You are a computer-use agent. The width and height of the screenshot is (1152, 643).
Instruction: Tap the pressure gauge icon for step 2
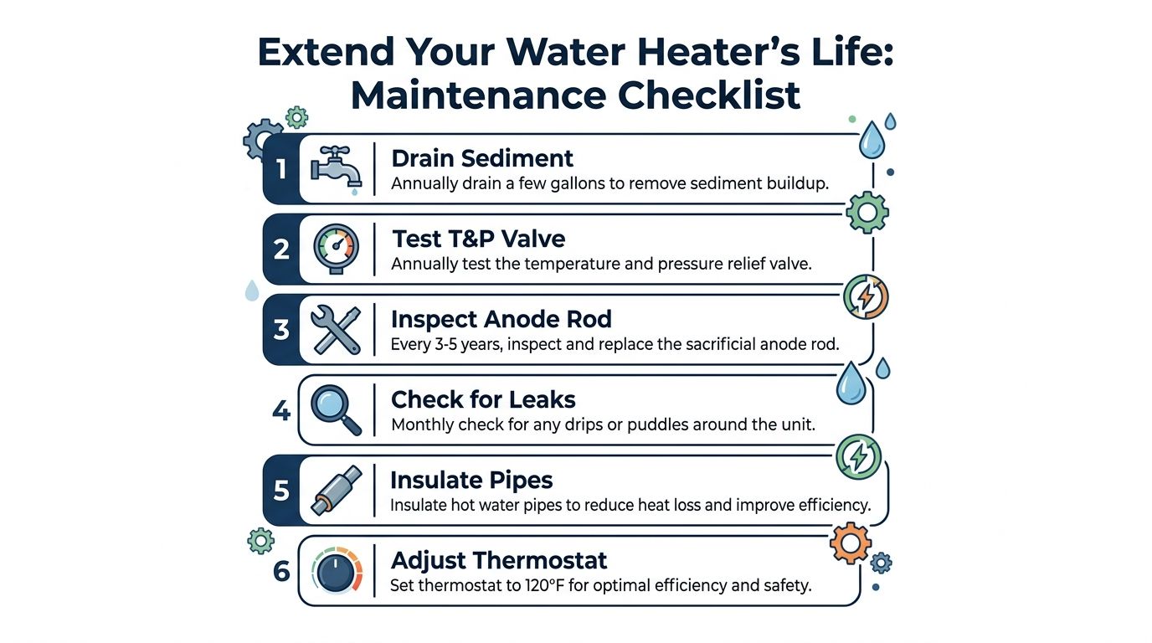click(x=337, y=249)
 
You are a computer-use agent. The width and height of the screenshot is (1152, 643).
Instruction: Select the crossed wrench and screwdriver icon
click(x=336, y=330)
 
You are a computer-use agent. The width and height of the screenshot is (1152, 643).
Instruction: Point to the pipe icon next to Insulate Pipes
click(x=337, y=491)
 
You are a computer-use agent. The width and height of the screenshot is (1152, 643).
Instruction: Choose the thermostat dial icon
click(x=337, y=570)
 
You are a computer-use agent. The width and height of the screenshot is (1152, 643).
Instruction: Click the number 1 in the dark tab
click(x=280, y=169)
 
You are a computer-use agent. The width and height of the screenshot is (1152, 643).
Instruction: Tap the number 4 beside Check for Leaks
click(x=281, y=410)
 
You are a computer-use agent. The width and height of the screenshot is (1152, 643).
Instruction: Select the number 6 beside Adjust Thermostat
click(x=281, y=571)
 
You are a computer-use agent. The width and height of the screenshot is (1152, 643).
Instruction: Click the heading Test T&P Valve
click(x=479, y=239)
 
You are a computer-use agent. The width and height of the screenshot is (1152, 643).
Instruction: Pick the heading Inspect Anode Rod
click(x=501, y=319)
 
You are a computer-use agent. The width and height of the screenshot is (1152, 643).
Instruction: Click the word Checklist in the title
click(x=708, y=95)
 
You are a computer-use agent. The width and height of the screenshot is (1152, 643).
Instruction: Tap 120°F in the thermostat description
click(x=544, y=585)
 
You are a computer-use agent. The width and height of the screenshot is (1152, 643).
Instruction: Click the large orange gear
click(x=851, y=543)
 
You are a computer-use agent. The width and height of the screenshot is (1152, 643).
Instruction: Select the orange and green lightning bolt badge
click(x=866, y=297)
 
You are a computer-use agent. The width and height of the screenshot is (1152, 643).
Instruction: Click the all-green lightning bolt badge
click(x=858, y=457)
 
